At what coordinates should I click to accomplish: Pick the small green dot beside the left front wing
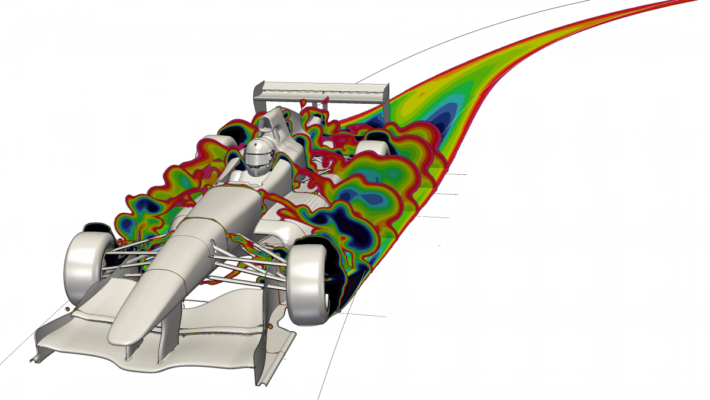(67, 309)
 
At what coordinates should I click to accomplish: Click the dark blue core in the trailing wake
(441, 119)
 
